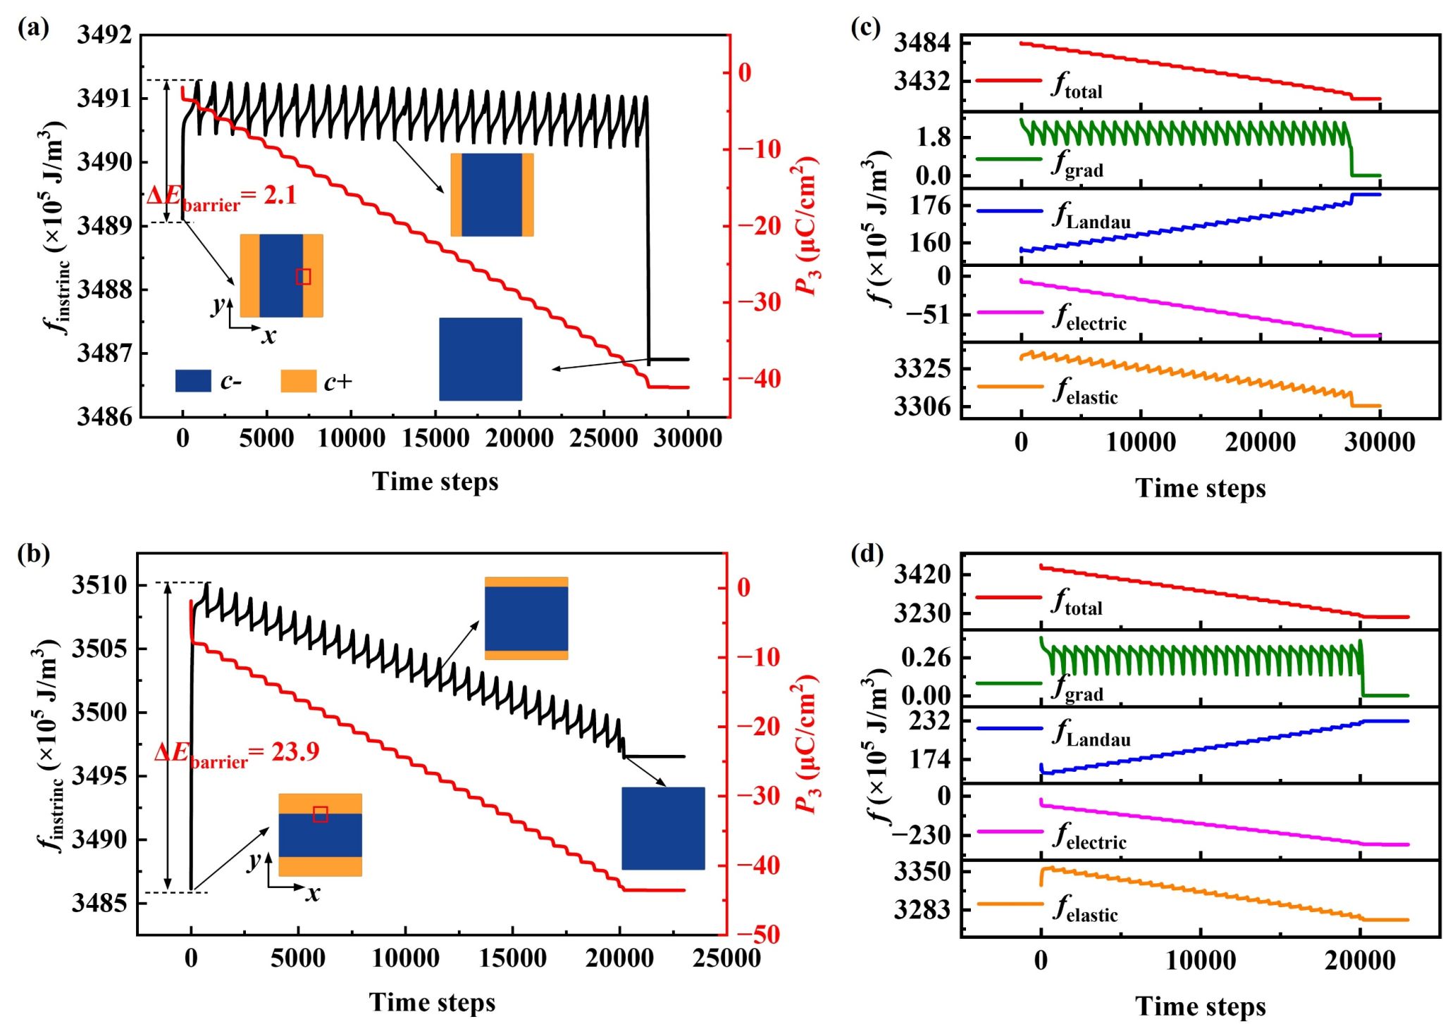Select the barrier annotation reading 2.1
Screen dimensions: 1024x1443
tap(221, 196)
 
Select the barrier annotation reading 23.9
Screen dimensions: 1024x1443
tap(237, 753)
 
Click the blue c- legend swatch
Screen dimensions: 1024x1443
tap(193, 381)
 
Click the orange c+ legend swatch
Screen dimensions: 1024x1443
tap(298, 381)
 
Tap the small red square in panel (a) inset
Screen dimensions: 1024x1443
tap(303, 277)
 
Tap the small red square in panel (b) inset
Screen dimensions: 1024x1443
tap(321, 814)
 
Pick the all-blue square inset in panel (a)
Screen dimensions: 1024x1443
tap(481, 359)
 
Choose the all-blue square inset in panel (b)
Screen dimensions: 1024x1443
tap(663, 828)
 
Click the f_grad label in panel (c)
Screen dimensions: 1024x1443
tap(1077, 163)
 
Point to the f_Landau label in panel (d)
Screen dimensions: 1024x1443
tap(1091, 733)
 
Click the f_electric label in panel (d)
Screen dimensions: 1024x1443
tap(1089, 836)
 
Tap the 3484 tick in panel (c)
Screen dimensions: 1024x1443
tap(922, 43)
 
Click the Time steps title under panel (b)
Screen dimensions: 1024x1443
tap(432, 1002)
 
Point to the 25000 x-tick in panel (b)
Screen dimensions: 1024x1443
tap(726, 959)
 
